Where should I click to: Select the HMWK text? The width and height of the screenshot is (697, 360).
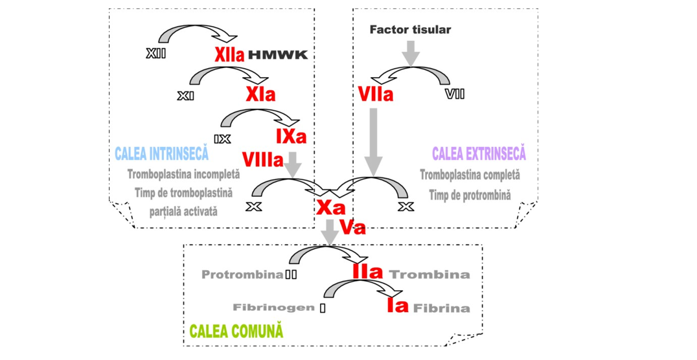[x=278, y=56]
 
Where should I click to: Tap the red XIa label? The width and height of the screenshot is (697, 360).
[x=260, y=95]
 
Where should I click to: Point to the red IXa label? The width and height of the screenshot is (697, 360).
[x=291, y=137]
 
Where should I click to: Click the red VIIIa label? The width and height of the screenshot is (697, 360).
[x=262, y=159]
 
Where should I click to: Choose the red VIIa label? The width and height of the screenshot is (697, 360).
[x=376, y=95]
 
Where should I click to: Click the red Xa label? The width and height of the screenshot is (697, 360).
[x=330, y=207]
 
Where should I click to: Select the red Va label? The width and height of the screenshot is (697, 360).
[x=352, y=227]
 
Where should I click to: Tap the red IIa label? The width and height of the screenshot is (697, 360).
[x=368, y=271]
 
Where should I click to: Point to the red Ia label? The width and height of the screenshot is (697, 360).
[x=398, y=305]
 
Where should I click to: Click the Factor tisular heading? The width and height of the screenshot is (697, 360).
[x=410, y=30]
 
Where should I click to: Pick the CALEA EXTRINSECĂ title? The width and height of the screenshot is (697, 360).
[x=479, y=154]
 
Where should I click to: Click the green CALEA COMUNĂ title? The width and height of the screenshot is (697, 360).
[x=236, y=331]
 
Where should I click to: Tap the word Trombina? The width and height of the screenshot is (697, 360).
[x=429, y=275]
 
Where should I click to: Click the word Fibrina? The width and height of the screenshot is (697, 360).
[x=442, y=308]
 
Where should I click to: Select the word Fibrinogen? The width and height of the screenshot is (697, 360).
[x=274, y=308]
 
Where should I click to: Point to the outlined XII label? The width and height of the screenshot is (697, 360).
[x=156, y=54]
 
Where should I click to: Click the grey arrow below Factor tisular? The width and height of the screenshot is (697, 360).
[x=410, y=53]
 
